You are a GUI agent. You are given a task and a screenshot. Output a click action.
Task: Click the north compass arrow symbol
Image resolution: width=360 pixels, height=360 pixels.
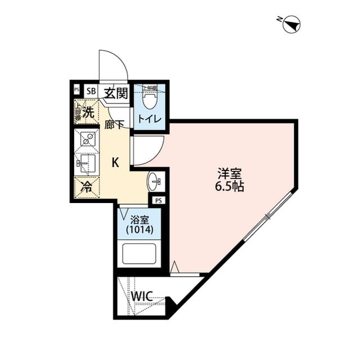coord(292,24)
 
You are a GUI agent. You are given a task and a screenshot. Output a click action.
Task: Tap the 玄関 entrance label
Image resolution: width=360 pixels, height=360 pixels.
coord(116,92)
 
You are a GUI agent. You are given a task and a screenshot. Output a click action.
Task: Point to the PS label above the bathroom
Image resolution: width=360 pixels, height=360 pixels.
coord(159,200)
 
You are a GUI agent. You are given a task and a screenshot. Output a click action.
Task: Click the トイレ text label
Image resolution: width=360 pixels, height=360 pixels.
coord(150,119)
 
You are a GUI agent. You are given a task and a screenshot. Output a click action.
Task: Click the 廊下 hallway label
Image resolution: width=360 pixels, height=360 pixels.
coord(114,125)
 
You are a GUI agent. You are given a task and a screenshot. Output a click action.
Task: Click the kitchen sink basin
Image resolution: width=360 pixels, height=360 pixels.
coord(85,164)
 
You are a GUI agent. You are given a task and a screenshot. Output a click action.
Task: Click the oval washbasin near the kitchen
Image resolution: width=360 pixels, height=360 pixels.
coord(154,182)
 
